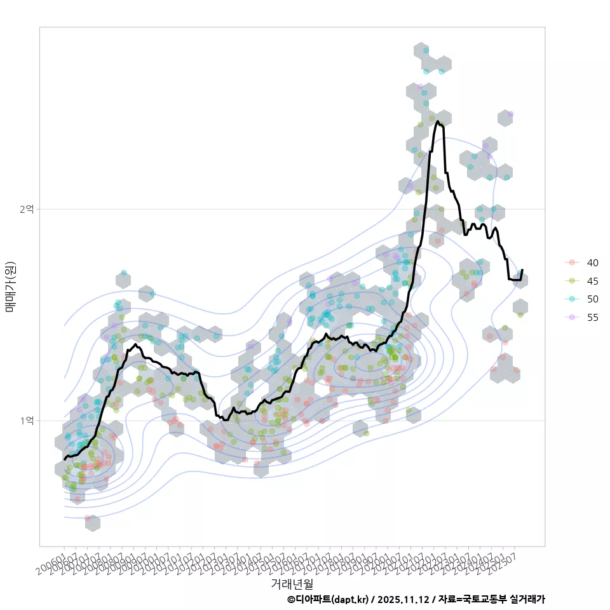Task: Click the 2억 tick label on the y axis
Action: tap(27, 209)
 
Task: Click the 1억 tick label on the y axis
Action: tap(27, 421)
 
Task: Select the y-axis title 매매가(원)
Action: tap(10, 286)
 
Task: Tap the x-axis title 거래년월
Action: tap(292, 583)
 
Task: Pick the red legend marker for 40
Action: tap(572, 262)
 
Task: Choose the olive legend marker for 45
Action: tap(572, 281)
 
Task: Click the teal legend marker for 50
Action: tap(572, 299)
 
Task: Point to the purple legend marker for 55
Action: tap(572, 318)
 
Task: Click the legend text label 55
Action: tap(592, 318)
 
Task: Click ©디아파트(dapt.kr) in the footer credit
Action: tap(327, 599)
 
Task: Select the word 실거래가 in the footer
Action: tap(527, 599)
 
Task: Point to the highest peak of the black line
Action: tap(438, 121)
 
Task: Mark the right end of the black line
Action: tap(522, 270)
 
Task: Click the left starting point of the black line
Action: tap(64, 459)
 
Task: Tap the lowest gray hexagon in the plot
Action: tap(92, 523)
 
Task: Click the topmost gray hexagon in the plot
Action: tap(421, 51)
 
